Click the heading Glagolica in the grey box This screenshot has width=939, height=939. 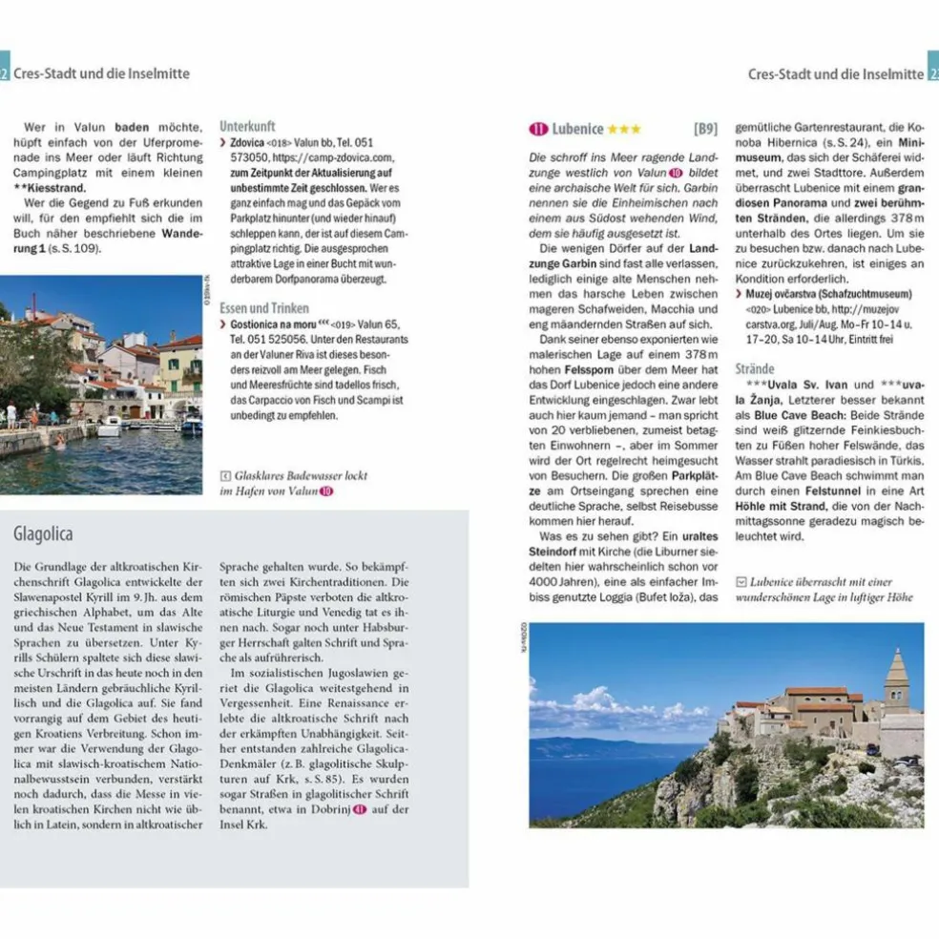pyautogui.click(x=43, y=533)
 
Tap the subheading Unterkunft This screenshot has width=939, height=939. pyautogui.click(x=247, y=125)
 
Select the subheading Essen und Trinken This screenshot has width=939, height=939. pyautogui.click(x=263, y=308)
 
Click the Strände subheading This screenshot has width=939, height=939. pyautogui.click(x=755, y=368)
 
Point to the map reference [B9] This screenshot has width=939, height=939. pyautogui.click(x=704, y=129)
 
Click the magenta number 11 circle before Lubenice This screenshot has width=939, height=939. pyautogui.click(x=538, y=129)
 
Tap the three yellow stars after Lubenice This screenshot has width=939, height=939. pyautogui.click(x=624, y=129)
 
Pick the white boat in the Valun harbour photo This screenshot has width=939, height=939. pyautogui.click(x=110, y=427)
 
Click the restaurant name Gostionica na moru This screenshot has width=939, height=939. pyautogui.click(x=272, y=323)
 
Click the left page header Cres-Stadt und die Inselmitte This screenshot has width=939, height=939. pyautogui.click(x=101, y=73)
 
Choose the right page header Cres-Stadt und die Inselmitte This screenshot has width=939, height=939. pyautogui.click(x=835, y=73)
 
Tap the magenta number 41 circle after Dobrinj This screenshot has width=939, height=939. pyautogui.click(x=360, y=808)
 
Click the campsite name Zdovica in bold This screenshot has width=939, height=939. pyautogui.click(x=248, y=141)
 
